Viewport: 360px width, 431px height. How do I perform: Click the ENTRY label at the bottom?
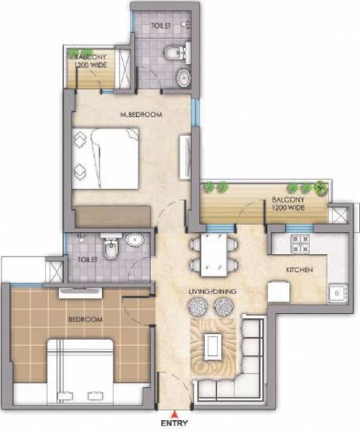[170, 424]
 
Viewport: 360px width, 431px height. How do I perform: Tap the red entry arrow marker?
[170, 414]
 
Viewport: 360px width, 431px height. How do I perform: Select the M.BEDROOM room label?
[142, 115]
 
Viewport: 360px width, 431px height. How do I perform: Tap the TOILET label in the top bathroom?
[161, 26]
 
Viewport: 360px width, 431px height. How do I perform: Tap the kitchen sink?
[336, 294]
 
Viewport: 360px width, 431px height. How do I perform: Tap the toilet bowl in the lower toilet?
[110, 249]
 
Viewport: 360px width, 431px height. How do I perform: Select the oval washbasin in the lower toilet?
[134, 240]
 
